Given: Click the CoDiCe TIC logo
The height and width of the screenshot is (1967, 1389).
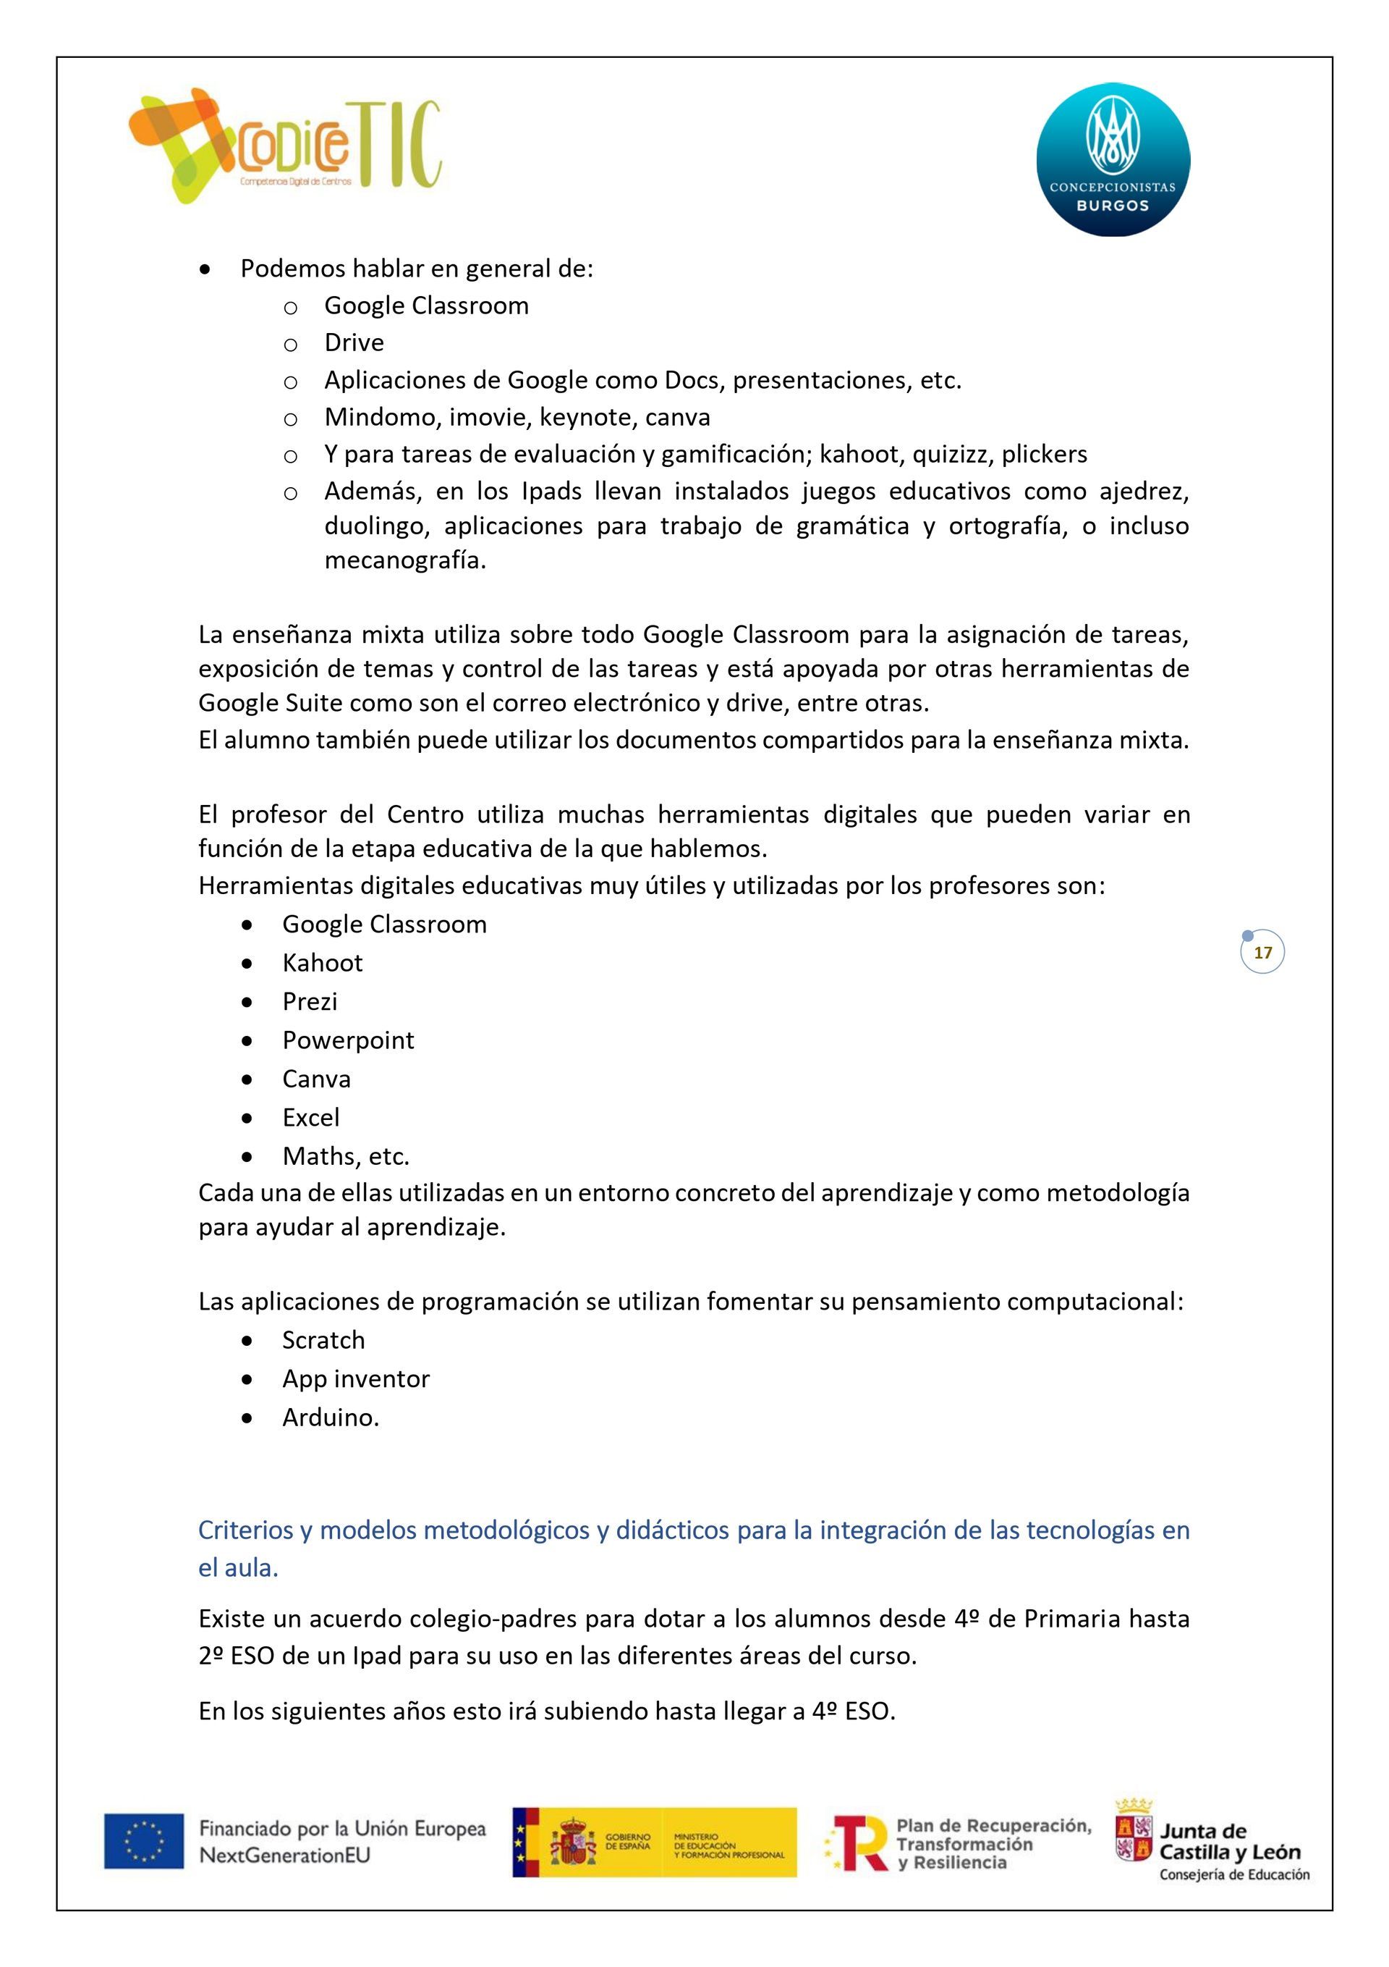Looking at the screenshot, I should [x=285, y=146].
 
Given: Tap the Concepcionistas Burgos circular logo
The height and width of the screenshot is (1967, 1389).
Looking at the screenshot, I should [x=1113, y=159].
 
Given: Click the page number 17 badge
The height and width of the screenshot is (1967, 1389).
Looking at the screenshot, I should [x=1262, y=952].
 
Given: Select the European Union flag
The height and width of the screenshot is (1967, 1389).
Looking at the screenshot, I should [x=144, y=1840].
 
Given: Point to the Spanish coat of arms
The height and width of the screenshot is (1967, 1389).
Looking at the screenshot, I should [x=573, y=1841].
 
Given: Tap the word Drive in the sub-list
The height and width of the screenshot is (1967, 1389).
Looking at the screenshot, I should [x=354, y=342].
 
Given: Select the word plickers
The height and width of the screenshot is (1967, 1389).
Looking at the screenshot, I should [x=1044, y=454].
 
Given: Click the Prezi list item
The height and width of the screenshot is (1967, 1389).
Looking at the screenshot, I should [x=310, y=1001].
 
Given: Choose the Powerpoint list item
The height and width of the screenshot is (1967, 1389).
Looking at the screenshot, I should [x=348, y=1040].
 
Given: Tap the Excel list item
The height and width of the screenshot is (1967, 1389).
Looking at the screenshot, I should [x=311, y=1117].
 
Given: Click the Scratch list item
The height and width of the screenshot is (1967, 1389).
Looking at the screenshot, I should [x=323, y=1340].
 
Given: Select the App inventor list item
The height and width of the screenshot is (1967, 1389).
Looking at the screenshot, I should [x=355, y=1378].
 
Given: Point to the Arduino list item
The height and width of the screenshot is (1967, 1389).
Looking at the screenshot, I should [x=330, y=1417].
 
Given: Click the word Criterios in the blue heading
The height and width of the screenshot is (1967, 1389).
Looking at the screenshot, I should [x=246, y=1529].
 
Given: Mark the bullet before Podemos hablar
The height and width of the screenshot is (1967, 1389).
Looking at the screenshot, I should [x=205, y=270].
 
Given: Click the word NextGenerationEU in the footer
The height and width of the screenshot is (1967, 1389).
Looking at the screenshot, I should [x=284, y=1855].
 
